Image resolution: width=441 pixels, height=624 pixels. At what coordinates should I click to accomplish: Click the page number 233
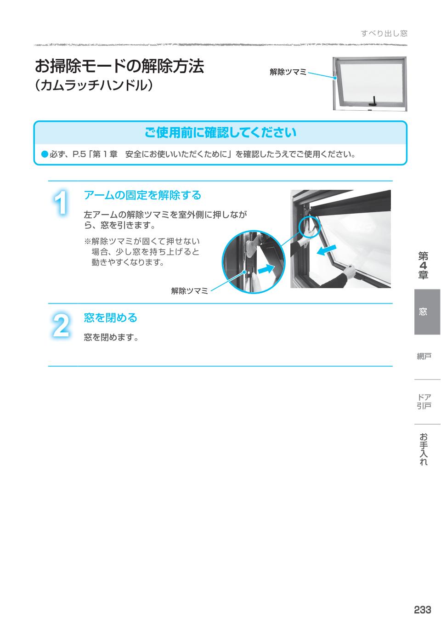(x=422, y=610)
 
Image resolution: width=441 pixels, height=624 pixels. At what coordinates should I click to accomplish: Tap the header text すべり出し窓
(x=384, y=33)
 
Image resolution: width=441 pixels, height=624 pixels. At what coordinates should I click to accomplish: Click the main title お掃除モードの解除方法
(x=119, y=67)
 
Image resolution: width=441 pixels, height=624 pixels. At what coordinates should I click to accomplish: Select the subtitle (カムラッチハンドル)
(x=94, y=85)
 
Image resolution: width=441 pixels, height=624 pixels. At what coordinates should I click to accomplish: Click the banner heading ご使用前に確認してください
(x=220, y=133)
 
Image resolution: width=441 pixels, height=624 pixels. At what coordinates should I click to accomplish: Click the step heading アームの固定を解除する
(x=142, y=195)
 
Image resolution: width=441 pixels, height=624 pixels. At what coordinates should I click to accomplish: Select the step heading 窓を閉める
(x=111, y=318)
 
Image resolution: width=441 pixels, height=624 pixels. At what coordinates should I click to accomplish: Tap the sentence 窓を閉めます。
(x=112, y=338)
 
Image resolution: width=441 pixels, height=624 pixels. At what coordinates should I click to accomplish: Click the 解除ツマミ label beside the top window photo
(x=288, y=72)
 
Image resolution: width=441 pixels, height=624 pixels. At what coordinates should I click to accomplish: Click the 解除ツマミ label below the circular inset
(x=189, y=290)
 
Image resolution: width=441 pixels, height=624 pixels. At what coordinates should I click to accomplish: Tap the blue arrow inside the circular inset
(x=265, y=270)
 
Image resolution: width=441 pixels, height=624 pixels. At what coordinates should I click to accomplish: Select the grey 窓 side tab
(x=423, y=312)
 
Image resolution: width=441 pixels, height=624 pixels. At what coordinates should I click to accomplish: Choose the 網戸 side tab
(x=424, y=357)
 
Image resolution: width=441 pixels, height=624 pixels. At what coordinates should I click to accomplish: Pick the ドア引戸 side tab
(x=424, y=401)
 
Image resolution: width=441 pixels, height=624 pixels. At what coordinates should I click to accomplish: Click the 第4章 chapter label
(x=423, y=266)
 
